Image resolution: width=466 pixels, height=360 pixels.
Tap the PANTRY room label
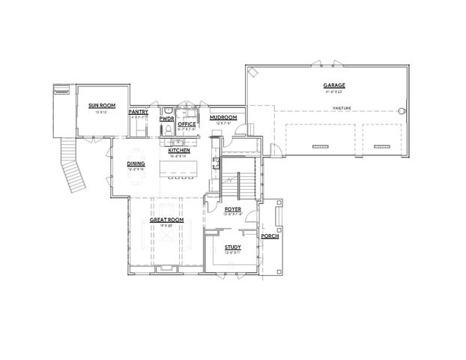(139, 112)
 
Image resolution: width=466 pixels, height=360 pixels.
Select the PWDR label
(166, 118)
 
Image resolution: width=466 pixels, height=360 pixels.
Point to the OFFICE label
(187, 124)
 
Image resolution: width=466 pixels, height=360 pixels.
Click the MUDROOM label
(223, 118)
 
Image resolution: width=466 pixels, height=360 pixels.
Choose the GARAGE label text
(333, 85)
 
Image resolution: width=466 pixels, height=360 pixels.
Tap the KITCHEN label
(179, 151)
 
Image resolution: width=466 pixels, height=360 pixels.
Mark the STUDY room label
(232, 246)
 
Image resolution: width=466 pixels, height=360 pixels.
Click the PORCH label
(268, 236)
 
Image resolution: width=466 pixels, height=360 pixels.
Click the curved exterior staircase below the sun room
(75, 169)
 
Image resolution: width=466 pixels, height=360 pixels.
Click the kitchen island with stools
(178, 170)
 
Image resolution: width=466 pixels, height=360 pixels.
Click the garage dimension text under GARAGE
(333, 91)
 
